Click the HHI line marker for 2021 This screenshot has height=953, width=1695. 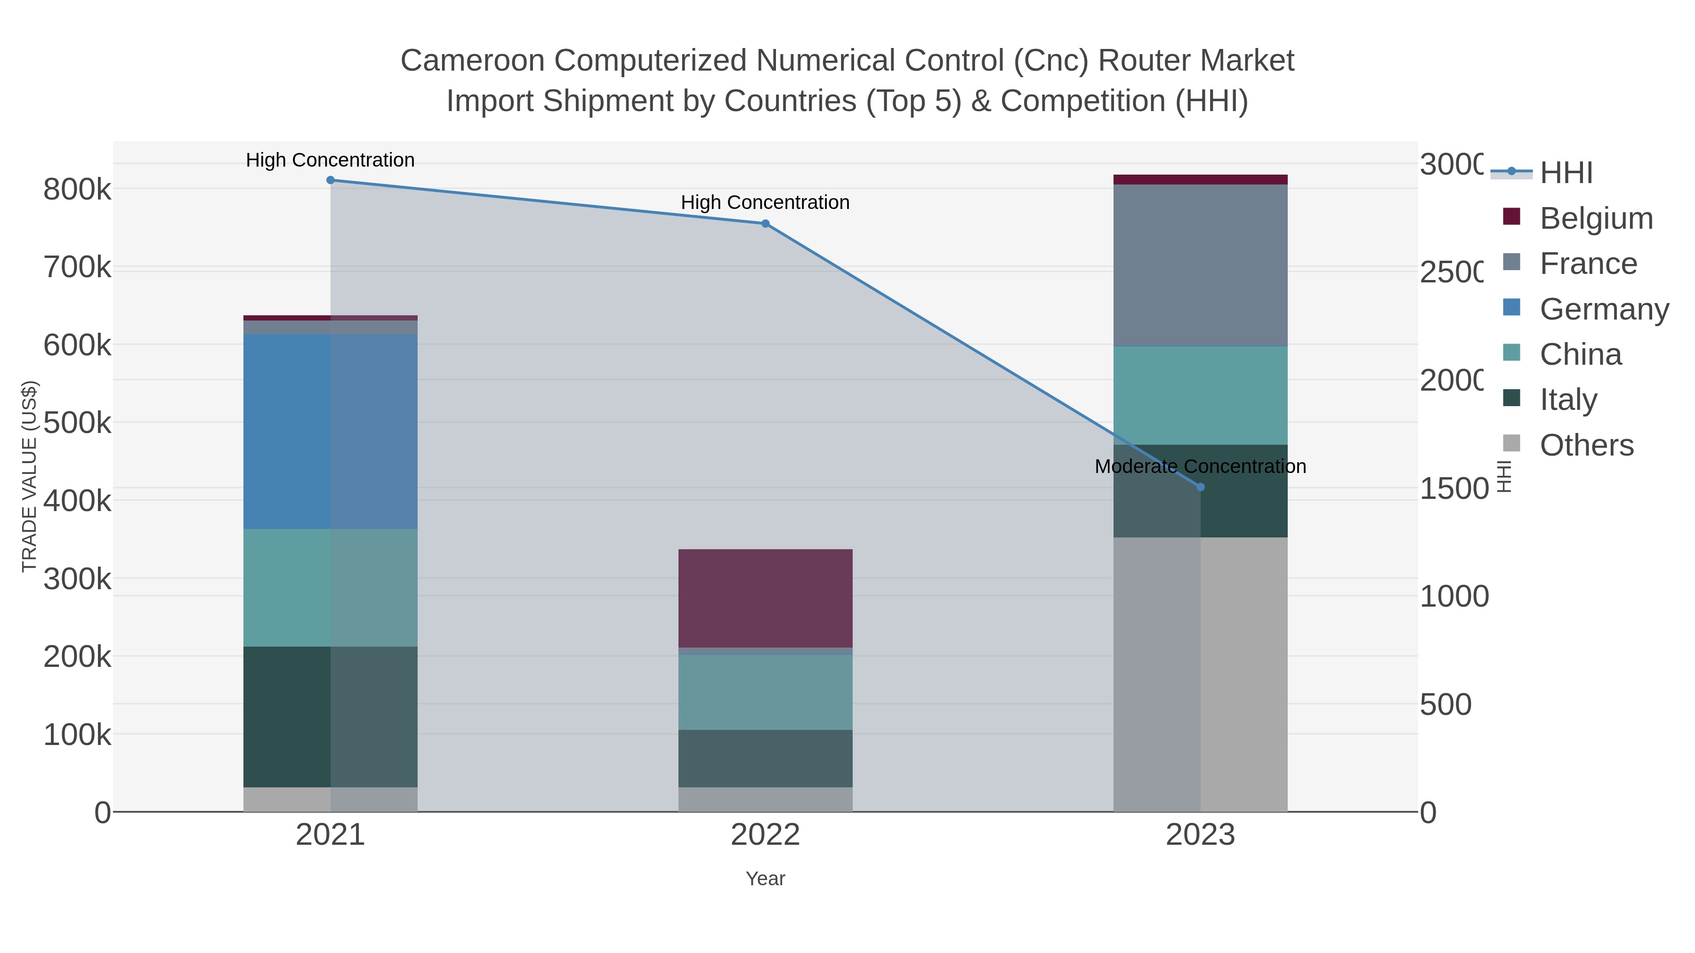[331, 180]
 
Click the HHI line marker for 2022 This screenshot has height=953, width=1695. [765, 224]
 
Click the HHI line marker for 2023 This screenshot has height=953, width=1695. [1200, 488]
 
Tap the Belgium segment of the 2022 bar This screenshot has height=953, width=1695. [765, 598]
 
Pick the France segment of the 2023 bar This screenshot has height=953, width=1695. [1200, 264]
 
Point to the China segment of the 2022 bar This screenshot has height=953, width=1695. [765, 692]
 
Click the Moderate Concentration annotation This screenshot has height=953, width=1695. [1200, 466]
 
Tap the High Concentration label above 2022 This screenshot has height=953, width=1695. [765, 202]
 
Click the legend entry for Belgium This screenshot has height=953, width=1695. [1596, 218]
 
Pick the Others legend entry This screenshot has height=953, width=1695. [1586, 445]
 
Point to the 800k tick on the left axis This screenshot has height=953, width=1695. [77, 190]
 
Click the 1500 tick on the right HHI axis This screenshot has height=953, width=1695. [1453, 489]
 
